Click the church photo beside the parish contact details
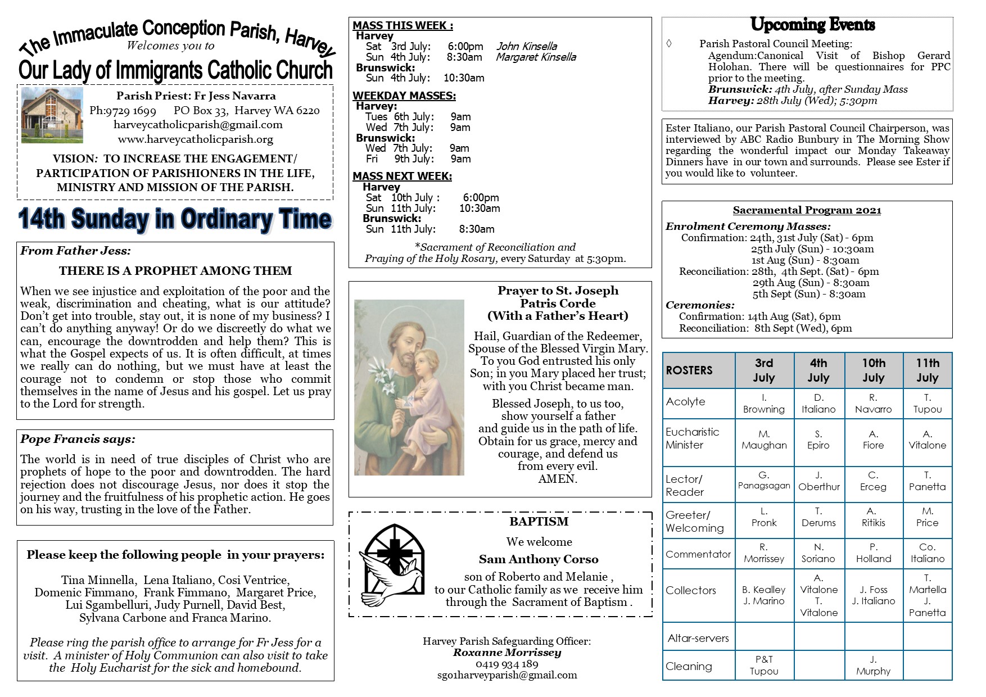tap(52, 115)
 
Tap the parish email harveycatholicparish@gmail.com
tap(198, 125)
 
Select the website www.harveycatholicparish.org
tap(195, 139)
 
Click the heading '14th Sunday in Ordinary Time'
tap(175, 220)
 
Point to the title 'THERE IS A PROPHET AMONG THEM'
tap(175, 271)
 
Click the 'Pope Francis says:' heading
tap(78, 439)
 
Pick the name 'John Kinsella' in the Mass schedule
tap(527, 46)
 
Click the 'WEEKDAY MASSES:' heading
tap(404, 96)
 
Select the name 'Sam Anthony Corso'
tap(539, 559)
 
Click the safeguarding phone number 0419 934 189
tap(506, 664)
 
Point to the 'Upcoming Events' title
tap(812, 25)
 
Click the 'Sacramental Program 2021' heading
tap(807, 210)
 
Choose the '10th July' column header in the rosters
tap(873, 370)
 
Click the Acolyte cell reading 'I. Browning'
tap(764, 404)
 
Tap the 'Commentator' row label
tap(698, 554)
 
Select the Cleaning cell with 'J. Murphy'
tap(873, 666)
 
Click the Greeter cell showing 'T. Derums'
tap(818, 517)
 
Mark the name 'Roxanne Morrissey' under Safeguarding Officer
tap(506, 653)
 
